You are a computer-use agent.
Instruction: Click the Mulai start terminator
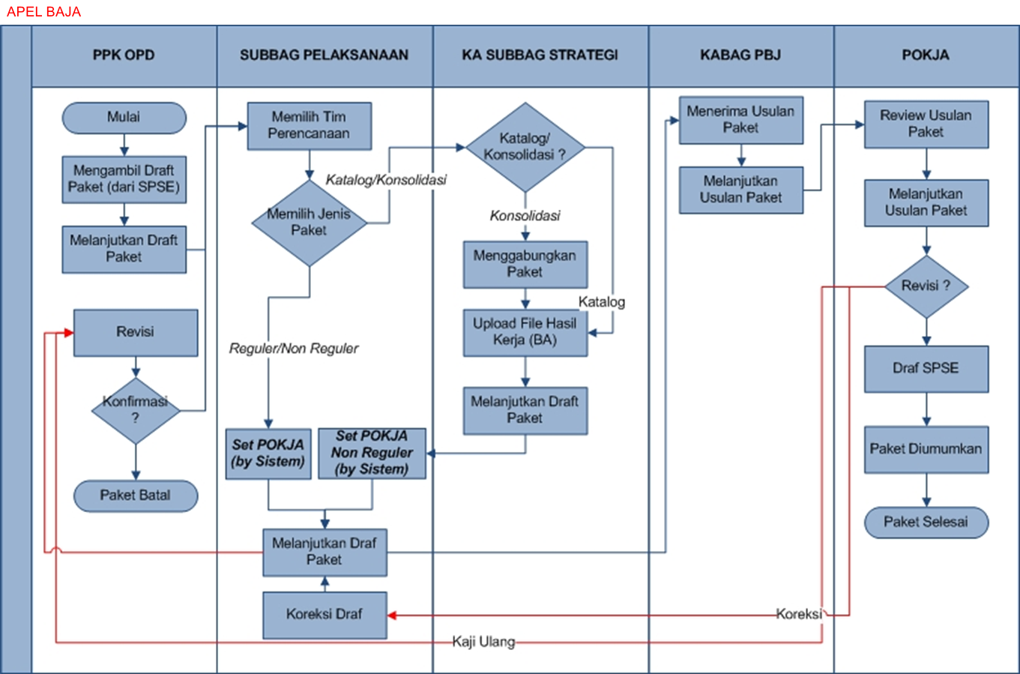click(124, 118)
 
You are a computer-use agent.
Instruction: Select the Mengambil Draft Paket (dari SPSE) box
click(124, 179)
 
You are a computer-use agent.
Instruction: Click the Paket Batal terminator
click(136, 496)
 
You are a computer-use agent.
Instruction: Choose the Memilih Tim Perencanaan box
click(309, 126)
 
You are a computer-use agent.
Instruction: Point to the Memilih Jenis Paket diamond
click(309, 223)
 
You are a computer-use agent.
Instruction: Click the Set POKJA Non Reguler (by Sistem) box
click(372, 453)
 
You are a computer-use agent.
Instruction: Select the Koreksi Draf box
click(325, 615)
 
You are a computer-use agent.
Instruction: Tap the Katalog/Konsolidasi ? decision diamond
click(525, 147)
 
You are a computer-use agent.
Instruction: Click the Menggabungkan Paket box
click(525, 264)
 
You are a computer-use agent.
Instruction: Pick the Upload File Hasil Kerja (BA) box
click(525, 332)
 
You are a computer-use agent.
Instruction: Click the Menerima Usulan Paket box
click(740, 120)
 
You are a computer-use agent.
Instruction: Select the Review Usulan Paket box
click(926, 124)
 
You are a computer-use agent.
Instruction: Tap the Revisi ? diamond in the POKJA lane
click(926, 286)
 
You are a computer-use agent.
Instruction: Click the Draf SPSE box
click(926, 369)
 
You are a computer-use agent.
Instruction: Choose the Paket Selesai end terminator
click(926, 523)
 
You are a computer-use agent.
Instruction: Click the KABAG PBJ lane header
click(740, 55)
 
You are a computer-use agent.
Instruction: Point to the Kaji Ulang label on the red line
click(483, 642)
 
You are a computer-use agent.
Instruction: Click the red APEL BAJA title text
click(43, 12)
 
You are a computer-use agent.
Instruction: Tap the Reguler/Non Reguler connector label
click(294, 349)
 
